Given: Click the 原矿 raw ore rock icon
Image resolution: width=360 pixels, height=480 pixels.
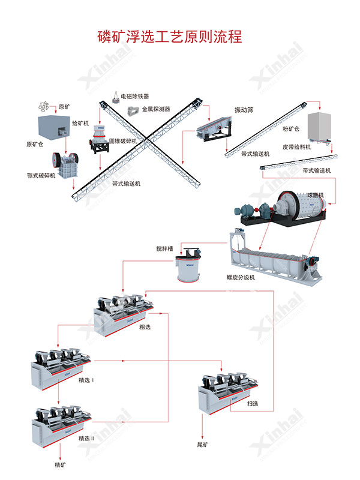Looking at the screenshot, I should (43, 106).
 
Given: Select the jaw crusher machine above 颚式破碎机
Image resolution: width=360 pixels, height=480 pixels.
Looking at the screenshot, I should (63, 162).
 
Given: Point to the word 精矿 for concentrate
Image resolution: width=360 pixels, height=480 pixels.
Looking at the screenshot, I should (60, 464).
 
